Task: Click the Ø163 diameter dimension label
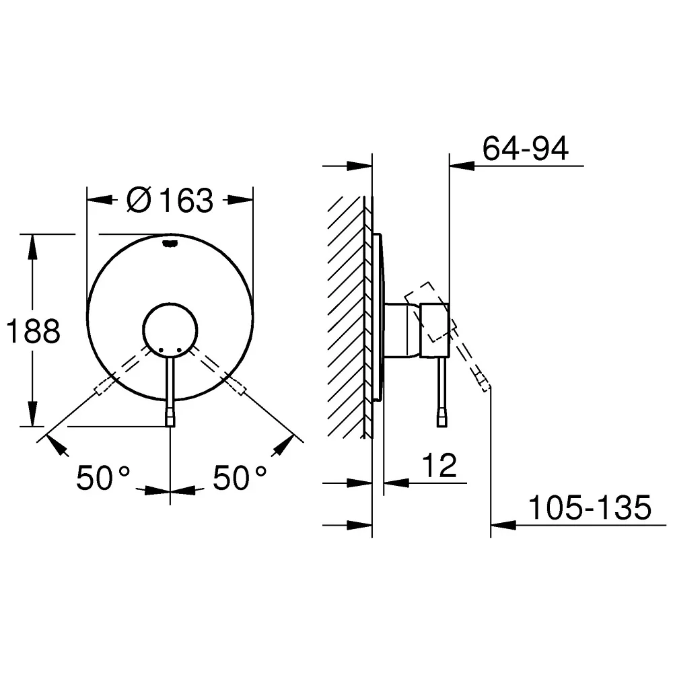170,200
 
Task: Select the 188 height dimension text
34,331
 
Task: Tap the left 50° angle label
103,478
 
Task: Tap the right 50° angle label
240,478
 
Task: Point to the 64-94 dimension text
526,149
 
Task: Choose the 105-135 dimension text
590,507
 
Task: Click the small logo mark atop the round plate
170,244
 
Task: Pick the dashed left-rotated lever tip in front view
102,386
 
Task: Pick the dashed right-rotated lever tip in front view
238,386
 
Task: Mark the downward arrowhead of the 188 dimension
32,414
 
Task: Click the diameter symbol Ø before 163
139,200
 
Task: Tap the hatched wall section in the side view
346,317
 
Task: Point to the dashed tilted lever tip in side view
483,382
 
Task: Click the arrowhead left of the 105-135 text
503,524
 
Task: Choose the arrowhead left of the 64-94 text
462,166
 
